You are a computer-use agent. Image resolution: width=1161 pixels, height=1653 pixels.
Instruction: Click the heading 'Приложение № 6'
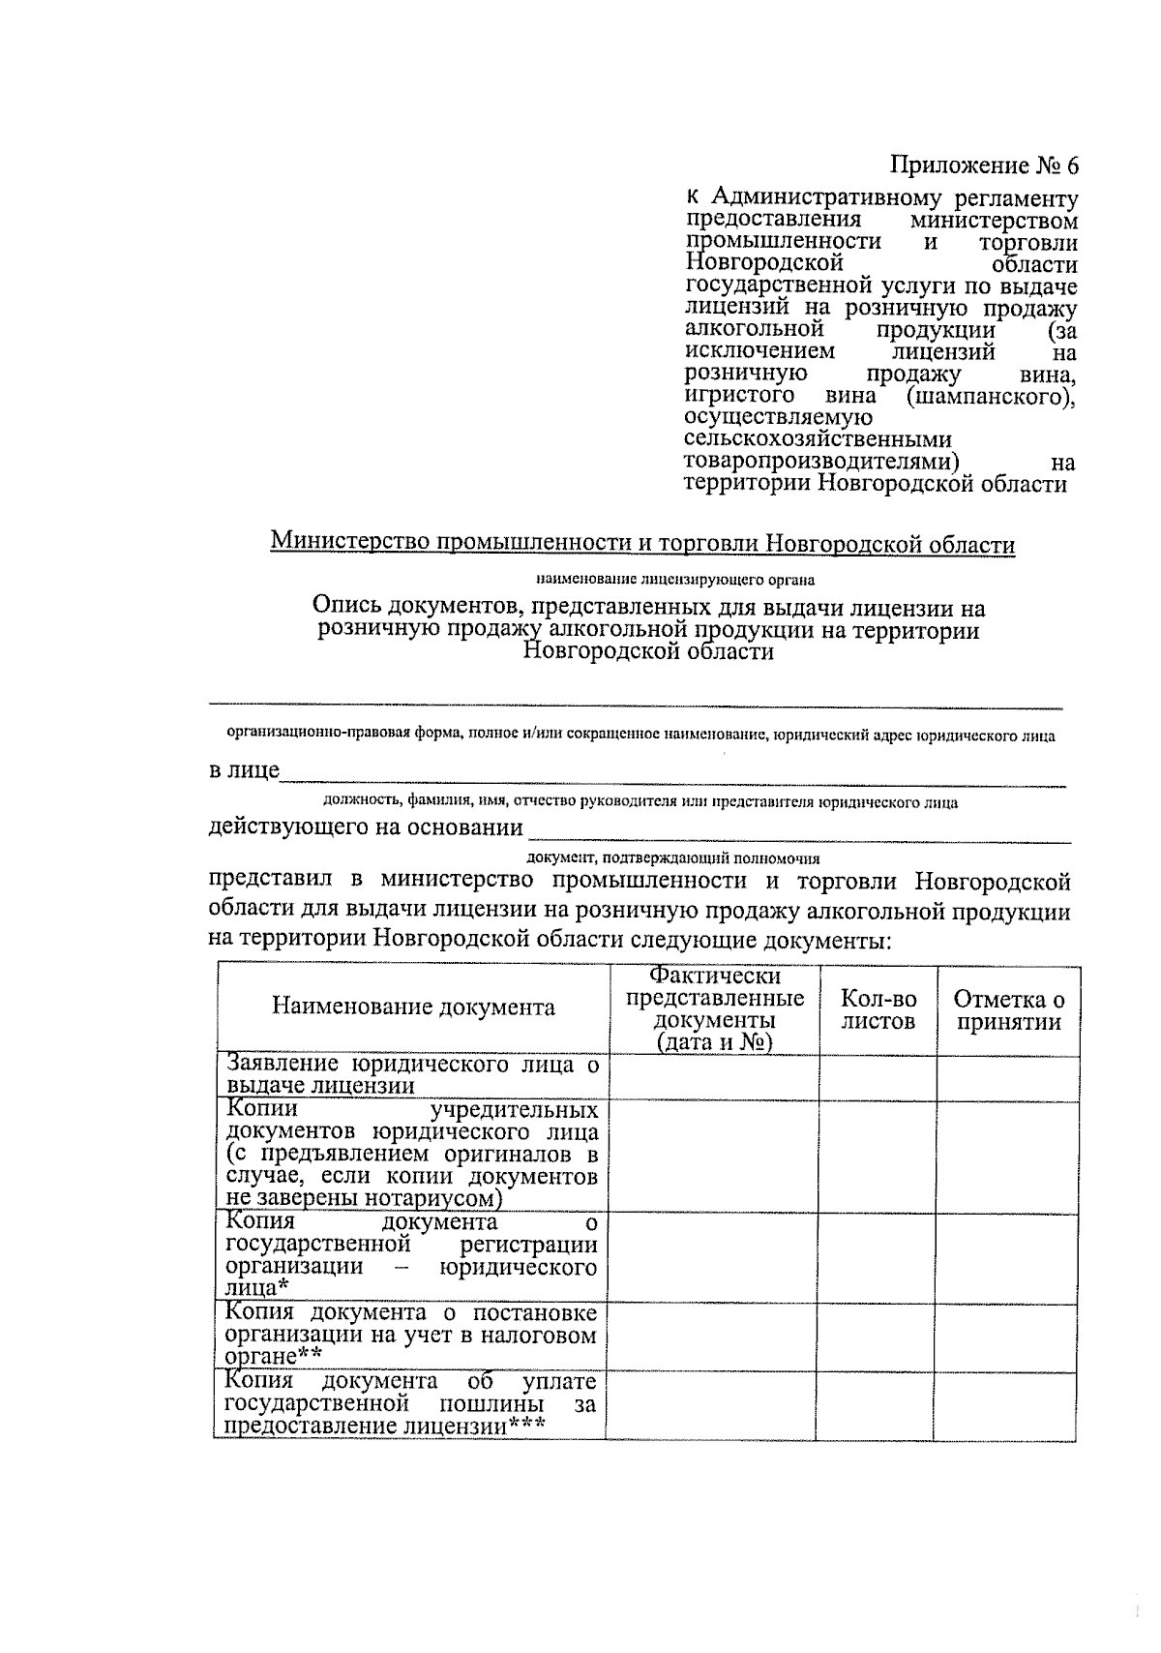tap(983, 165)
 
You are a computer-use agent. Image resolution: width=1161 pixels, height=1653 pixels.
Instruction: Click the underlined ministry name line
tap(642, 543)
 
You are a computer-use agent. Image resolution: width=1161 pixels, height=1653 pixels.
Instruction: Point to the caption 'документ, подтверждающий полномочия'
tap(673, 857)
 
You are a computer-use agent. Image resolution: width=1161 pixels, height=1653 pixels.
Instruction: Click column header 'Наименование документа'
tap(413, 1007)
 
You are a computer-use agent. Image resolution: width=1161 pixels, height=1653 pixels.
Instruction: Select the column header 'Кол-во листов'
tap(878, 1009)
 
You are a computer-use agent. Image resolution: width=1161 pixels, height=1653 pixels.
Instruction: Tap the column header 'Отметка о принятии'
tap(1008, 1009)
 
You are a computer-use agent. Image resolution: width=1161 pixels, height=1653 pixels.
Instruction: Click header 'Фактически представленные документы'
tap(715, 1008)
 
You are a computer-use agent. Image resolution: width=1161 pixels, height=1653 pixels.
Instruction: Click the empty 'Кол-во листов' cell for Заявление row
tap(878, 1077)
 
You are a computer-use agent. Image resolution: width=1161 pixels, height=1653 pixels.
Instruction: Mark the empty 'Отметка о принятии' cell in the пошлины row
tap(1006, 1404)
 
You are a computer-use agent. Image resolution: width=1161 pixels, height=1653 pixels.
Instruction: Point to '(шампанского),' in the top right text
tap(991, 397)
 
